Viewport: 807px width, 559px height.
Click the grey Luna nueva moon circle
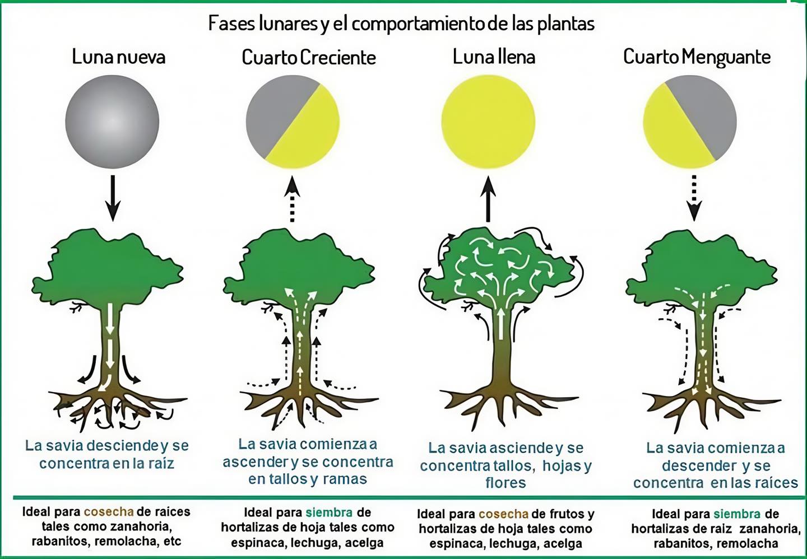(112, 122)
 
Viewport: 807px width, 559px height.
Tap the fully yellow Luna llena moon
(488, 122)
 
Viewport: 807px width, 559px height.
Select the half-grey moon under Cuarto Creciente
(293, 122)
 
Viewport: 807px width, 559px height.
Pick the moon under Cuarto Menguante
(690, 122)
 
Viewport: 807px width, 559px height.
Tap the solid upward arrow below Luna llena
(488, 199)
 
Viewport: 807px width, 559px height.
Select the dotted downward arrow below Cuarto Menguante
(694, 198)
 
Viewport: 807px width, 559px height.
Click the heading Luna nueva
(119, 57)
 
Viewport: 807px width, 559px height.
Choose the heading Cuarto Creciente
(309, 57)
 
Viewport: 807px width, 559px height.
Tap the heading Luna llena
(494, 57)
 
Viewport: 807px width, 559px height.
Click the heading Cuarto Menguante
(697, 57)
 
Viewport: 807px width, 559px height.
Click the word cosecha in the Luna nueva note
(109, 512)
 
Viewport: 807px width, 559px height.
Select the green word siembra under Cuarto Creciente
(329, 513)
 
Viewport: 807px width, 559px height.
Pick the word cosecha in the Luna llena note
(503, 514)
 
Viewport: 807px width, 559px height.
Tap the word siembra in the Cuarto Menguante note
(737, 514)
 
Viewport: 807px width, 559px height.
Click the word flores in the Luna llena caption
(505, 483)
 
